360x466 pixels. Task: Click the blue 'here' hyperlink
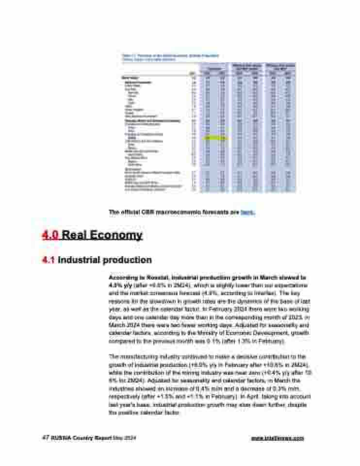[x=247, y=212]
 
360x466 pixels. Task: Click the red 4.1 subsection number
[x=49, y=260]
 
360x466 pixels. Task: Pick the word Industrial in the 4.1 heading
[x=78, y=260]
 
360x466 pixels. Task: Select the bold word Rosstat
[x=148, y=276]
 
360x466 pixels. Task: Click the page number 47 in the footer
[x=45, y=438]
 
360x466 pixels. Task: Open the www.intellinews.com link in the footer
[x=278, y=438]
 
